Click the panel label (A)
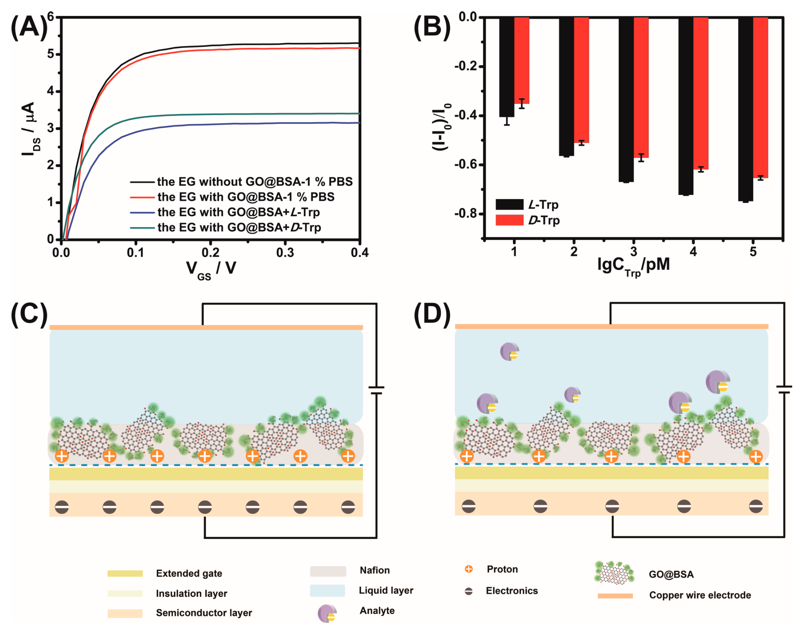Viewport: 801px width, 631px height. [x=29, y=28]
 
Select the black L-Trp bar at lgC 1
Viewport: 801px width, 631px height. [x=506, y=67]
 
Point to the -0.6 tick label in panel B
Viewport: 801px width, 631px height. [x=466, y=165]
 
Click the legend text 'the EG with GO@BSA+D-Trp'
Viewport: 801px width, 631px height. [x=239, y=227]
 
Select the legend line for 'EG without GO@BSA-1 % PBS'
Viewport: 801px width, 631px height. [x=142, y=182]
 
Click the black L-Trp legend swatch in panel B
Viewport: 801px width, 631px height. [x=510, y=204]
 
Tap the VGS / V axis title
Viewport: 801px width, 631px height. [x=211, y=269]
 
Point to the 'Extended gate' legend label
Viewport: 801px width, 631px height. [x=189, y=573]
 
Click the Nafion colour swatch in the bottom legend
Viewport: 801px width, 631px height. [x=328, y=571]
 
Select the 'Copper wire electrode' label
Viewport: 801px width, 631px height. [x=700, y=595]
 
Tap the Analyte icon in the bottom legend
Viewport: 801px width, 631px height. [x=327, y=613]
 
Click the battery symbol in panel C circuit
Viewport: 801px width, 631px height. [x=376, y=390]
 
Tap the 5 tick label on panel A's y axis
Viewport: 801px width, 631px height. [x=51, y=54]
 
